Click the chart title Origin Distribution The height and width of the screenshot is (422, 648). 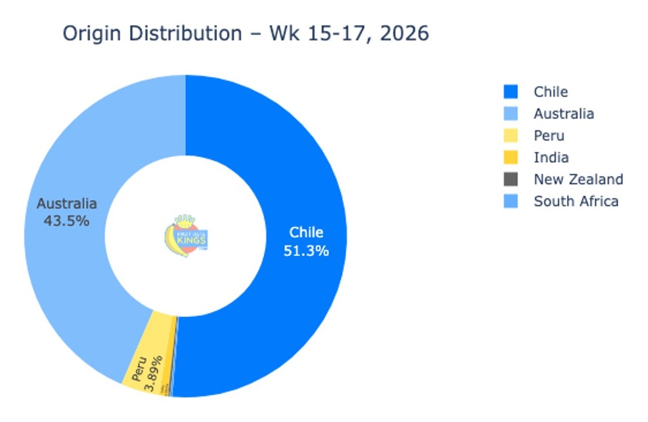point(151,34)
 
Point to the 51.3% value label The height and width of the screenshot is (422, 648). point(306,251)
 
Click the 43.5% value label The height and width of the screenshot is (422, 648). point(66,221)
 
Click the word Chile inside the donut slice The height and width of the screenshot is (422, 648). point(306,233)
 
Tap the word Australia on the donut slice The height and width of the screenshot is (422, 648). point(66,204)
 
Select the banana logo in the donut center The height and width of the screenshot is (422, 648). point(185,236)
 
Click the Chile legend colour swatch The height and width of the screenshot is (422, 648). point(511,92)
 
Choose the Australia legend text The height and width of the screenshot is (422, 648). point(564,114)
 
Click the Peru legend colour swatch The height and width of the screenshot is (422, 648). point(511,136)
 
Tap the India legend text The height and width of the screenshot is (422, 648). point(551,157)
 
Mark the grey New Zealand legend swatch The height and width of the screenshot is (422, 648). point(511,179)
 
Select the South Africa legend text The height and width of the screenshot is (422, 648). point(576,201)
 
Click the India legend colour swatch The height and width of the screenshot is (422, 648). point(511,157)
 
